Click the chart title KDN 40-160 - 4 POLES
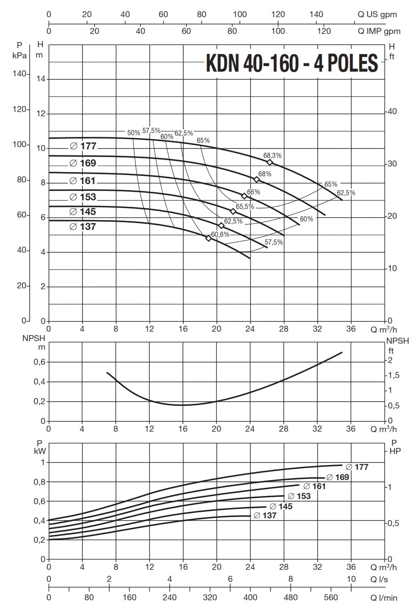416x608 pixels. click(292, 63)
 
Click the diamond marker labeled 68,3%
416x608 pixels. click(270, 162)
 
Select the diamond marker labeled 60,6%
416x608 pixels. click(209, 238)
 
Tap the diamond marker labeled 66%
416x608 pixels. click(244, 196)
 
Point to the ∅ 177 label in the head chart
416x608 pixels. click(83, 146)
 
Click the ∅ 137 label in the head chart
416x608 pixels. click(83, 226)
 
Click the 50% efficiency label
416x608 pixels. click(134, 133)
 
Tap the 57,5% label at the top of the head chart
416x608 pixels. click(151, 130)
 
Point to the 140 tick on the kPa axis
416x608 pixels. click(19, 74)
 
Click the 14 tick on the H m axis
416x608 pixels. click(41, 79)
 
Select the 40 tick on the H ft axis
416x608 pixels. click(392, 112)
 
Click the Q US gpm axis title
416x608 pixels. click(377, 14)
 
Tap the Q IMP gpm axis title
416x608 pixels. click(379, 31)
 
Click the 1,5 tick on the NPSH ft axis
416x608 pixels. click(393, 375)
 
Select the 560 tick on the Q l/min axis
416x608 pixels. click(331, 597)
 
